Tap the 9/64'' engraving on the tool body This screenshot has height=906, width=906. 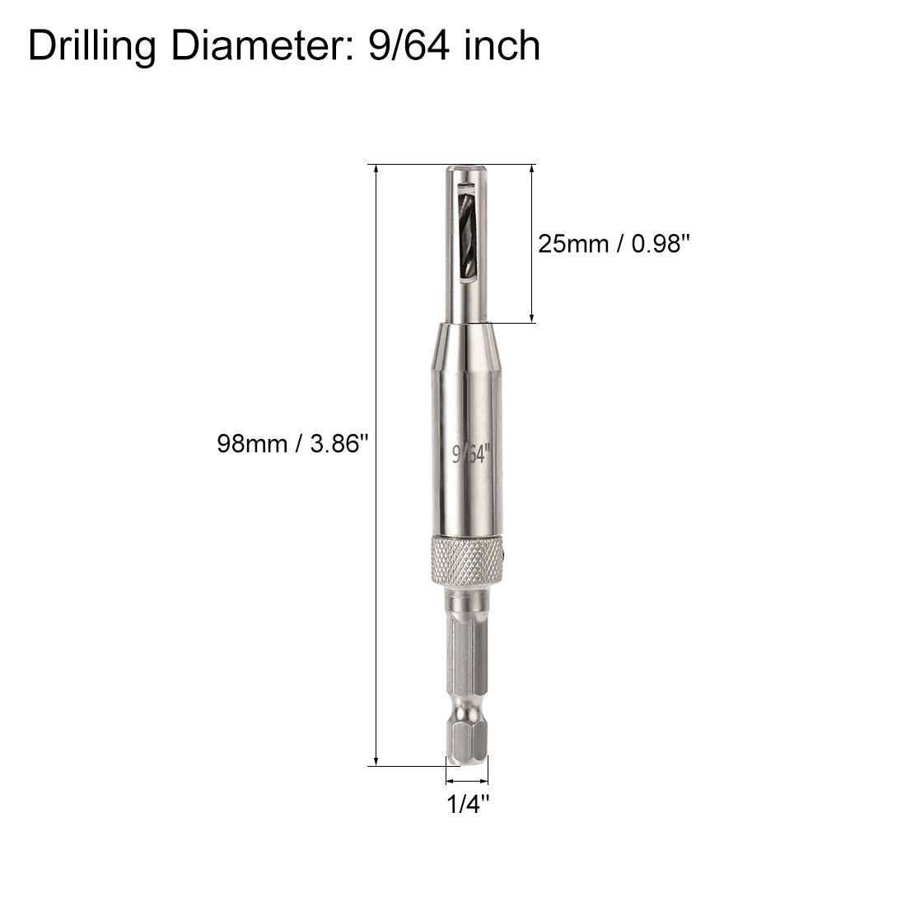coord(471,454)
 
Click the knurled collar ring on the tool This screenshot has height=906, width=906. coord(466,561)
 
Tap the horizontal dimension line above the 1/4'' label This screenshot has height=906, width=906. coord(467,780)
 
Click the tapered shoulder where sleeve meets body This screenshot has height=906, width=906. coord(466,329)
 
